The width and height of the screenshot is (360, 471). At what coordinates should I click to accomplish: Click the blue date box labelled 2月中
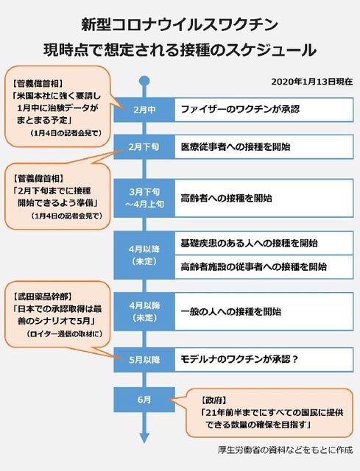(144, 110)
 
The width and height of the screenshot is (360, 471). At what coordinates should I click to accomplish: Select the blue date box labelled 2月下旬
(144, 147)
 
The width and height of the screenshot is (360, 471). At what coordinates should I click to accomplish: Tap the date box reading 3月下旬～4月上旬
(144, 198)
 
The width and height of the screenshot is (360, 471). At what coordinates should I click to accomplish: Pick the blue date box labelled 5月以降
(144, 360)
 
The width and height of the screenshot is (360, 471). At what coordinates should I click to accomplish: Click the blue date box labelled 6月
(144, 400)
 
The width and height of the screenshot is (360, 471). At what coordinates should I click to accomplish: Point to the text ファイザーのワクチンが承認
(240, 109)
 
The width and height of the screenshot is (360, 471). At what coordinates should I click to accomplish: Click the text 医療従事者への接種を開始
(236, 147)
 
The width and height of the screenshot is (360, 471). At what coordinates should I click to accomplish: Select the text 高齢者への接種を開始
(226, 198)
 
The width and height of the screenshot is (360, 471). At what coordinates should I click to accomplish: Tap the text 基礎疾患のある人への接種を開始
(249, 243)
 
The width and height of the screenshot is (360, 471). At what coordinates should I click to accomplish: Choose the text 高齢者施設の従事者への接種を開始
(254, 266)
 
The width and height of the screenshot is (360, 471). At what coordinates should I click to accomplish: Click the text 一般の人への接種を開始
(230, 312)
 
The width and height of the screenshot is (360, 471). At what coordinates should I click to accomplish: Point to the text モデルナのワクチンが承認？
(239, 359)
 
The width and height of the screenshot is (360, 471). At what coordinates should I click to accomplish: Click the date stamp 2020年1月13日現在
(312, 82)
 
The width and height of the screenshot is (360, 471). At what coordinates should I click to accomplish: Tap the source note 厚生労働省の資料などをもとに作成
(285, 450)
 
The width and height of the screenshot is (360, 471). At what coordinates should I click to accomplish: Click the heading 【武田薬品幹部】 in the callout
(43, 297)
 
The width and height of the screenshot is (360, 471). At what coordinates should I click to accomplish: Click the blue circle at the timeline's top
(144, 81)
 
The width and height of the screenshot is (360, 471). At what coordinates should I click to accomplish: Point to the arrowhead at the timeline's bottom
(144, 439)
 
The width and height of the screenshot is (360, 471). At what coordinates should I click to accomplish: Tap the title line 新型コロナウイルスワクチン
(180, 24)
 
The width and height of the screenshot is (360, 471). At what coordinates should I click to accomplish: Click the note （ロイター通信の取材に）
(64, 333)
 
